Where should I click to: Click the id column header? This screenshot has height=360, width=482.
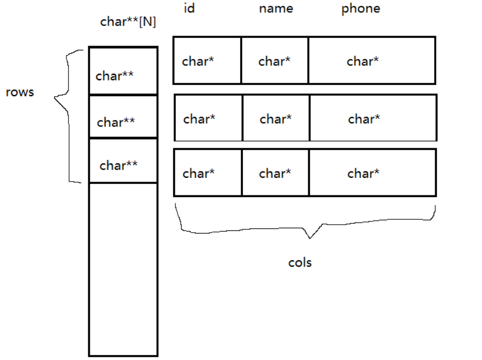tap(189, 9)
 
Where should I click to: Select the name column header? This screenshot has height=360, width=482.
tap(276, 9)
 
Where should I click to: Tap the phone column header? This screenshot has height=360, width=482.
tap(361, 9)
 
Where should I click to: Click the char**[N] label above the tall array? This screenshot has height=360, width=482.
tap(128, 22)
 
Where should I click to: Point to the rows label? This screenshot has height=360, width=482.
tap(20, 92)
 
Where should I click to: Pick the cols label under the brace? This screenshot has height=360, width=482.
tap(300, 262)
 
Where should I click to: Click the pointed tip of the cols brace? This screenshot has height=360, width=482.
tap(310, 238)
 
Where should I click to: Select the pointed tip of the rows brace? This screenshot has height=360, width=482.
tap(55, 97)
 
